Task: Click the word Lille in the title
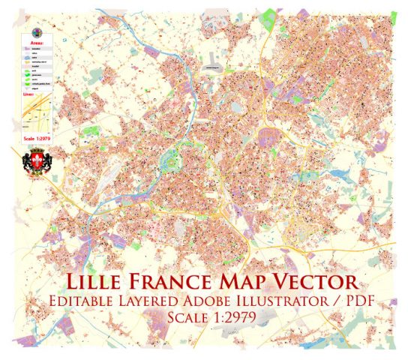click(97, 284)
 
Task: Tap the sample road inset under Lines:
click(35, 115)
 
